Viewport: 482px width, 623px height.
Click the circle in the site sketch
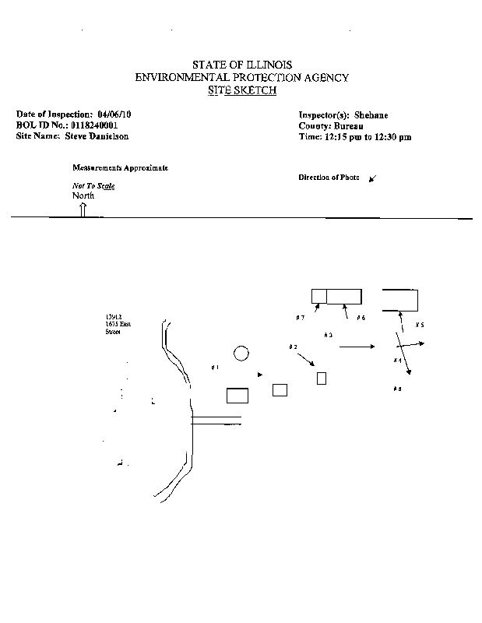(241, 354)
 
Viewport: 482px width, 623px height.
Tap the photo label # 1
(215, 367)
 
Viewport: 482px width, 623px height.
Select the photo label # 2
(293, 347)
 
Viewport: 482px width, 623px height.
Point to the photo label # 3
(328, 335)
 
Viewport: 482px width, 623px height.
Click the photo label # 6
(361, 318)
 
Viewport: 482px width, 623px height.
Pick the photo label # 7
(300, 318)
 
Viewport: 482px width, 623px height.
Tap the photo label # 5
(419, 324)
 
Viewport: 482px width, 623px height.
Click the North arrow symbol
(83, 208)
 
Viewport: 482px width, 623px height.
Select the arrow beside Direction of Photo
(372, 178)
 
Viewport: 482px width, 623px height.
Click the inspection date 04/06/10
(114, 114)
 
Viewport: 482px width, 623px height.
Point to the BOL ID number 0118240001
(94, 125)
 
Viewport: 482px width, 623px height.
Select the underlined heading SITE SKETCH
(241, 90)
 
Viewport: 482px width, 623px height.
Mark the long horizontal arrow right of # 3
(357, 346)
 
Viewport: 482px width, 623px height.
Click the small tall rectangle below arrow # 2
(321, 378)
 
